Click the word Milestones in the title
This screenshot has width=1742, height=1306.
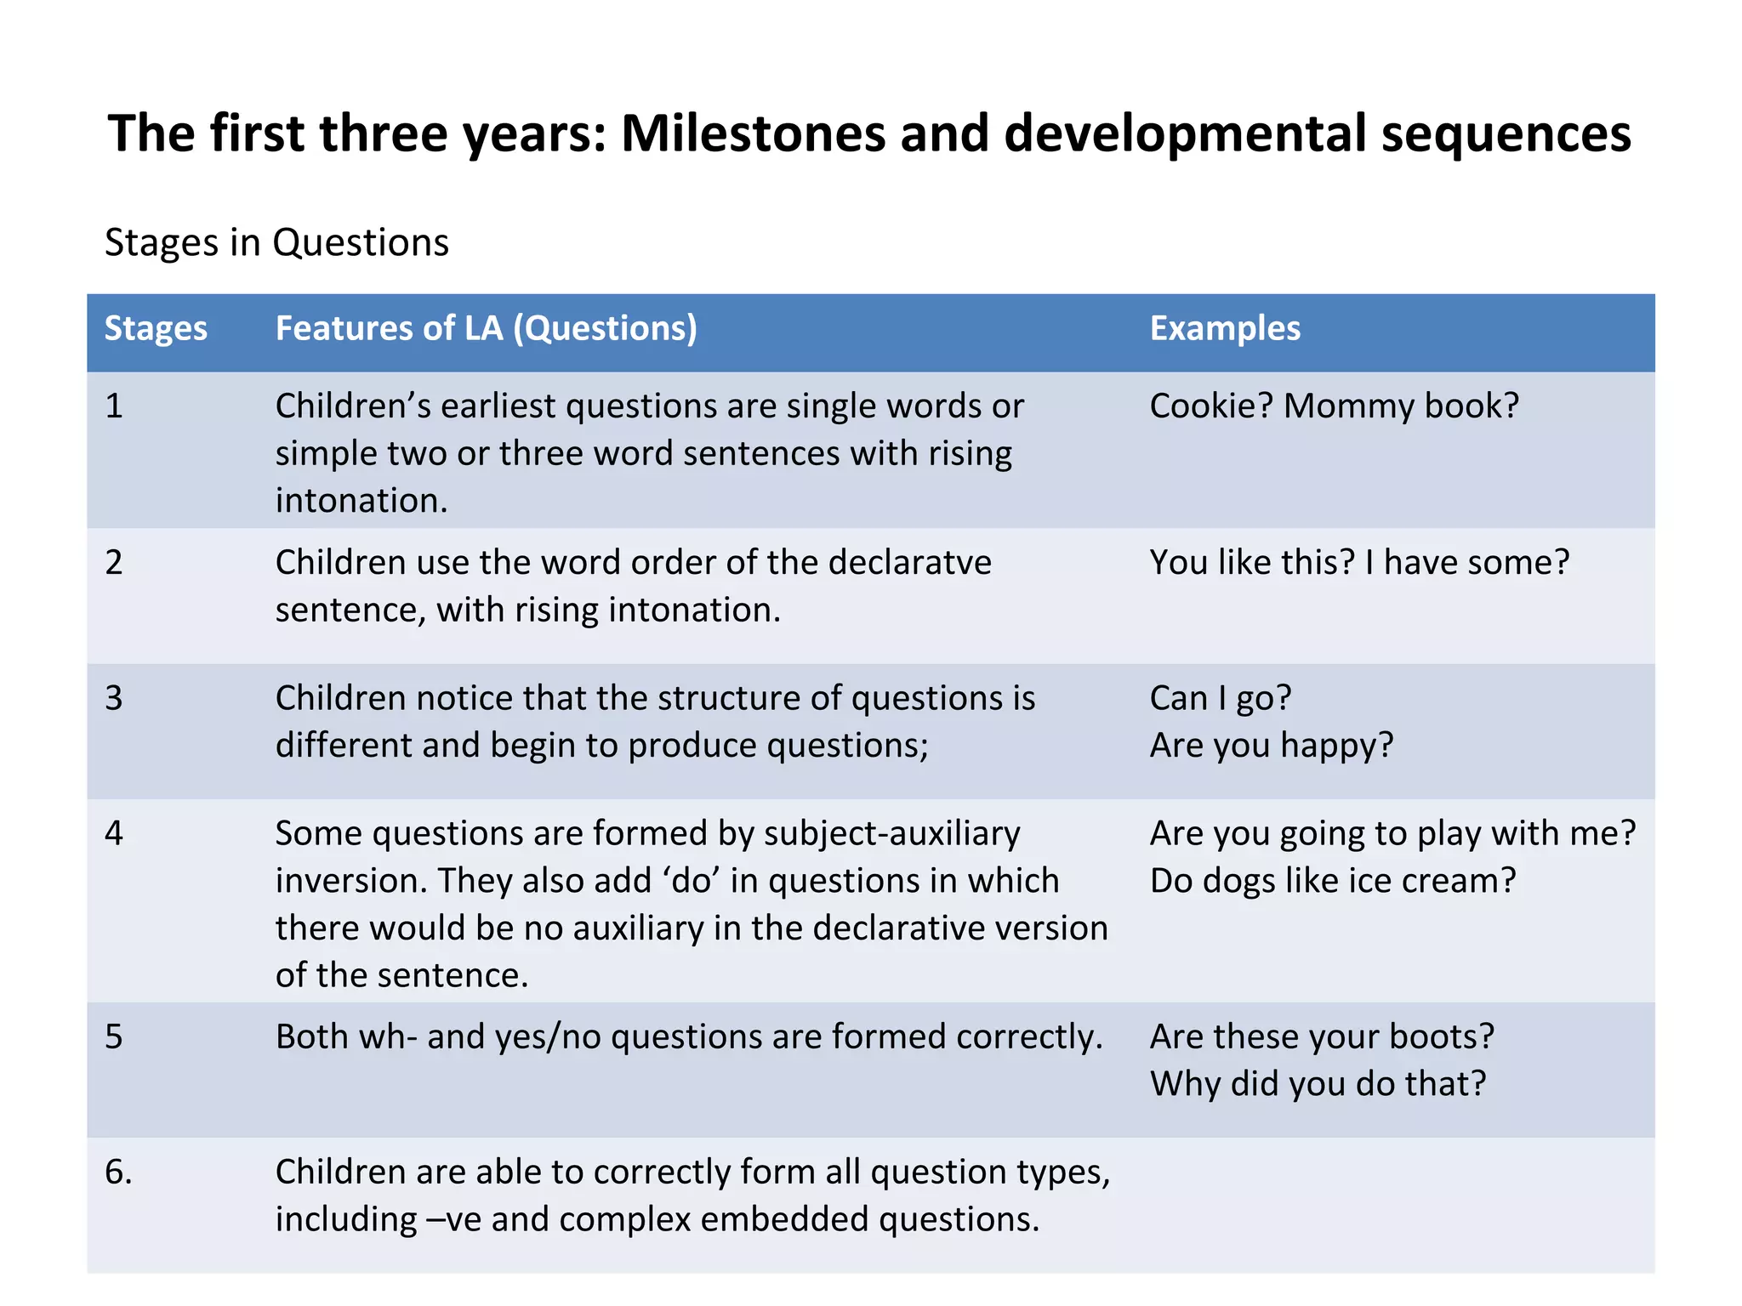click(x=753, y=134)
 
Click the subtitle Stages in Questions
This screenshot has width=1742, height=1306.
click(x=276, y=243)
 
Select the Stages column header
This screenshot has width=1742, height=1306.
click(x=156, y=329)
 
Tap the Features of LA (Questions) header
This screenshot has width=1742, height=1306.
click(x=486, y=329)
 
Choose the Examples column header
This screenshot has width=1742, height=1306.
click(x=1225, y=329)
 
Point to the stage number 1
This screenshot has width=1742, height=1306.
click(x=114, y=406)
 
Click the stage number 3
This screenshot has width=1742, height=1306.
click(x=114, y=698)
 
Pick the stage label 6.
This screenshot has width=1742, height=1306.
click(x=118, y=1173)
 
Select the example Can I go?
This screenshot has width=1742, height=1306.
click(x=1221, y=698)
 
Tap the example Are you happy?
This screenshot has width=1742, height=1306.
click(x=1272, y=746)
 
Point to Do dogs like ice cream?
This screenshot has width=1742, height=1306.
click(x=1333, y=881)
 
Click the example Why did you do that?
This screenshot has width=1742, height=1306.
click(x=1318, y=1084)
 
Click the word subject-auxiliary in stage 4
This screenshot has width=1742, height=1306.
click(x=891, y=834)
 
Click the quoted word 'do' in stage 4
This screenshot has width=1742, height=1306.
click(x=691, y=881)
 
